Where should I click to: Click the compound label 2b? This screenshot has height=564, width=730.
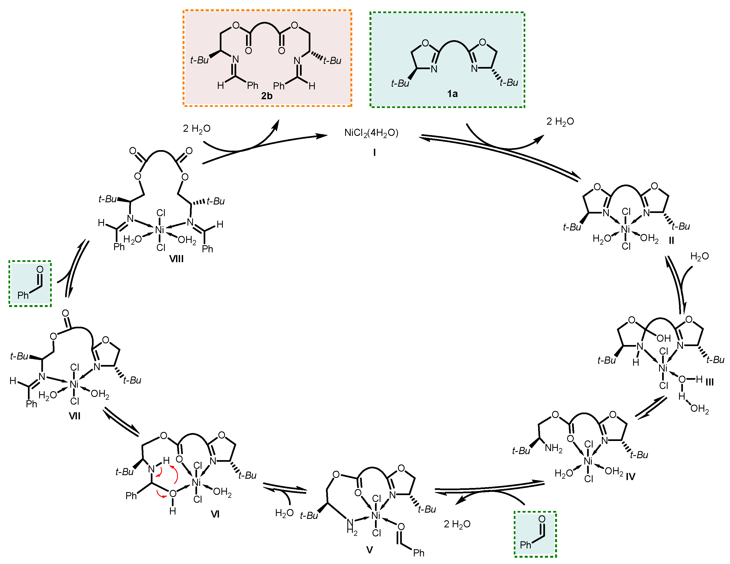click(x=266, y=96)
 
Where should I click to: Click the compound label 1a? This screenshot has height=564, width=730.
click(x=452, y=94)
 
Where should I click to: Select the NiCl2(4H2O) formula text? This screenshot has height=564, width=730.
click(x=371, y=133)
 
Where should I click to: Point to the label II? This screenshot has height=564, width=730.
click(x=671, y=240)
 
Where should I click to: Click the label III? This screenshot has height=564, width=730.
click(x=709, y=382)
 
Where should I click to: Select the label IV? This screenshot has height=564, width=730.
click(x=630, y=477)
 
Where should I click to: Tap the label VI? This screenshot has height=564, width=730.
click(x=215, y=514)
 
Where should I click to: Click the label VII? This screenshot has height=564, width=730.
click(x=74, y=416)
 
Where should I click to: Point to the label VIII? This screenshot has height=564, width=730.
click(x=176, y=259)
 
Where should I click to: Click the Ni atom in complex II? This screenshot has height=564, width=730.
click(x=625, y=229)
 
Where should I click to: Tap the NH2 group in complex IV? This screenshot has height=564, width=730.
click(x=553, y=448)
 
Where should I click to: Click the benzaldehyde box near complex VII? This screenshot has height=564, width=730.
click(x=30, y=284)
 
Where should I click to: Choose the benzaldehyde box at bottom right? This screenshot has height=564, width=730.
click(x=535, y=534)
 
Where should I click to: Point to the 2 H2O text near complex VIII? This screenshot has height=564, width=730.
click(x=197, y=129)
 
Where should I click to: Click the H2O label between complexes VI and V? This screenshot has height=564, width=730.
click(x=284, y=513)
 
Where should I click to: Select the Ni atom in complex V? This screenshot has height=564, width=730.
click(x=376, y=516)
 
